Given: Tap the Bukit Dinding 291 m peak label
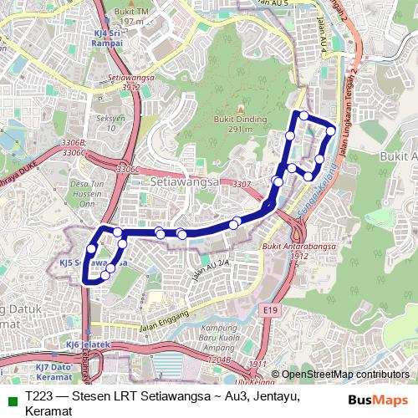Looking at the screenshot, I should pos(234,125).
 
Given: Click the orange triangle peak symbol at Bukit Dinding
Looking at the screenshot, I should pos(240,110).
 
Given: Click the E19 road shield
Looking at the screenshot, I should pos(268,310).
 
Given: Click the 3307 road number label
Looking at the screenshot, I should pos(242,184).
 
